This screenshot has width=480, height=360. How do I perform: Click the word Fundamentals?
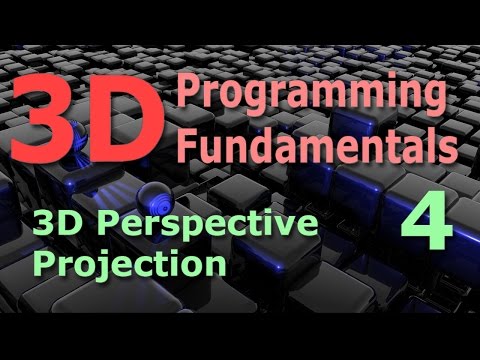click(315, 147)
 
